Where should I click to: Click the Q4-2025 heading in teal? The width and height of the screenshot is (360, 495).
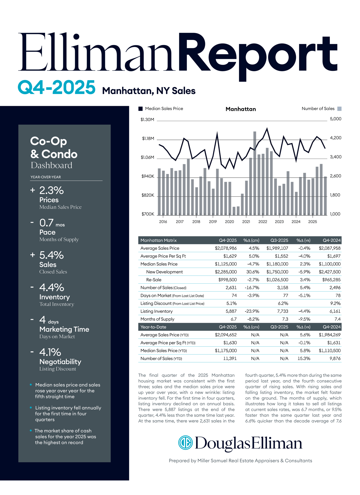pyautogui.click(x=57, y=87)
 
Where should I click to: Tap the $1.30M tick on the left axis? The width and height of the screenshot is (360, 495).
pyautogui.click(x=147, y=120)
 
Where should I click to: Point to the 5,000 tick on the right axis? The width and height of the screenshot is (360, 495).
pyautogui.click(x=336, y=119)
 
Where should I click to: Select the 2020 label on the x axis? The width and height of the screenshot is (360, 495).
pyautogui.click(x=229, y=222)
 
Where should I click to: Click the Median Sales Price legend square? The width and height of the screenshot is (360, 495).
pyautogui.click(x=141, y=109)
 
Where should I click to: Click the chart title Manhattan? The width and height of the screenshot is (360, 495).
pyautogui.click(x=241, y=109)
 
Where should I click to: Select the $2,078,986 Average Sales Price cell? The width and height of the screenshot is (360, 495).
pyautogui.click(x=226, y=248)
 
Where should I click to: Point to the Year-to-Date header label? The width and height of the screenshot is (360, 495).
pyautogui.click(x=153, y=327)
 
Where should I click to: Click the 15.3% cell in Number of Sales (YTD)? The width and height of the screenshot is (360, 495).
pyautogui.click(x=304, y=359)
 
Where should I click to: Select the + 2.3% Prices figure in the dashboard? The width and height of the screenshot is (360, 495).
pyautogui.click(x=51, y=191)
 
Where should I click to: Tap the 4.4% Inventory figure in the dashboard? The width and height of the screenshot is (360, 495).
pyautogui.click(x=52, y=288)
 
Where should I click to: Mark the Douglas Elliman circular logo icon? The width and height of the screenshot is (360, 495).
pyautogui.click(x=185, y=443)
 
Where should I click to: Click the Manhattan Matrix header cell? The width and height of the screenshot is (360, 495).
pyautogui.click(x=159, y=240)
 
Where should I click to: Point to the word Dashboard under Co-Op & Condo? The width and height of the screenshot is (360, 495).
pyautogui.click(x=51, y=165)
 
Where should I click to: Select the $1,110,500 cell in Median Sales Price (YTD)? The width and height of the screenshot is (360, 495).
pyautogui.click(x=330, y=351)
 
